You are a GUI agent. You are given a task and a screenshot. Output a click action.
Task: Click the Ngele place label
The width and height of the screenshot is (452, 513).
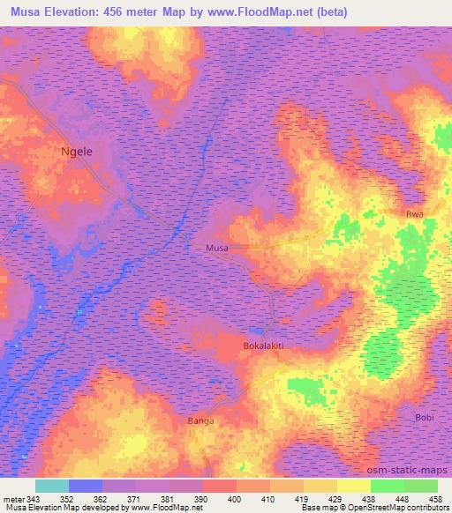coord(76,151)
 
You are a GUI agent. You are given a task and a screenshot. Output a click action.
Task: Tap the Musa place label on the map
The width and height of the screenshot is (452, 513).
coord(217,249)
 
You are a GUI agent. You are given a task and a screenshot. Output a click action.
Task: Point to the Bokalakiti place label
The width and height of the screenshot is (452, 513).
coord(263,346)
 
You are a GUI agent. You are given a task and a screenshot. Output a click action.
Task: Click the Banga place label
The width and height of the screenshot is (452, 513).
coord(201,421)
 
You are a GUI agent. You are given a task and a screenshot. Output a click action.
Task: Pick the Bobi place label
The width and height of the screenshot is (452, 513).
coord(424,416)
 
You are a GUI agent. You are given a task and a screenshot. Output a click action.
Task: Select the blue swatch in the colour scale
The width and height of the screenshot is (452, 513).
coord(86,486)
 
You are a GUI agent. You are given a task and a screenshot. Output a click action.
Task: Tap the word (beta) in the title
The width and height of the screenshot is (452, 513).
coord(330,12)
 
